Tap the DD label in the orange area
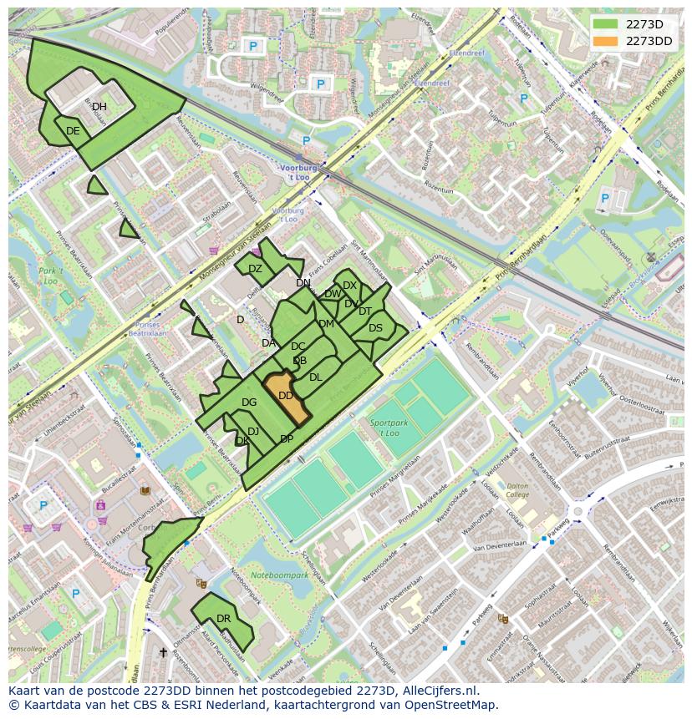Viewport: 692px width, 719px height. coord(285,396)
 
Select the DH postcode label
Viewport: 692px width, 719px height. coord(99,107)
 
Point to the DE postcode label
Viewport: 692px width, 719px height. coord(73,131)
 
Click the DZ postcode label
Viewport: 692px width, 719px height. coord(255,269)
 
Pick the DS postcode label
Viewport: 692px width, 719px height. coord(375,328)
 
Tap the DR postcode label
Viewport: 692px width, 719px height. coord(223,619)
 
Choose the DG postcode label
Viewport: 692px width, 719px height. coord(249,403)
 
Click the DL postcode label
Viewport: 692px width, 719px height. coord(315,377)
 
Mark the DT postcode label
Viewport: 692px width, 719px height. coord(365,311)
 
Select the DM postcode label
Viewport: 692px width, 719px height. coord(326,324)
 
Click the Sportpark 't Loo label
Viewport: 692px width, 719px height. coord(384,428)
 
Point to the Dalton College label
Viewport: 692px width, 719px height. coord(518,490)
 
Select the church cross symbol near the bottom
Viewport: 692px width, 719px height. coord(163,652)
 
